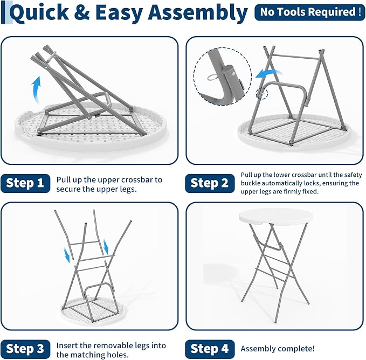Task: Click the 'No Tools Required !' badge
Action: [x=309, y=12]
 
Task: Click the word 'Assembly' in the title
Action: [x=197, y=13]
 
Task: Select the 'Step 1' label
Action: [x=25, y=183]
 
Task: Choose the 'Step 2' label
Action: [x=210, y=183]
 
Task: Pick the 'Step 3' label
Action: [x=25, y=349]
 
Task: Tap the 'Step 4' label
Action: [x=210, y=349]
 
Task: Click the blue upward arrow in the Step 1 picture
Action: [x=37, y=90]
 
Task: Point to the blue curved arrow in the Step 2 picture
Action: [x=268, y=73]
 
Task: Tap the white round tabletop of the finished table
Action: [x=276, y=217]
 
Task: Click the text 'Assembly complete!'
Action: [x=278, y=349]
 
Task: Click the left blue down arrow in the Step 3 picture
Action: [x=67, y=255]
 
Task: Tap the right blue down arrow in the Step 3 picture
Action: [x=106, y=247]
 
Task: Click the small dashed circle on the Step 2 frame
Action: [x=262, y=93]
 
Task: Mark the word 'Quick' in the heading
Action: [x=39, y=13]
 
